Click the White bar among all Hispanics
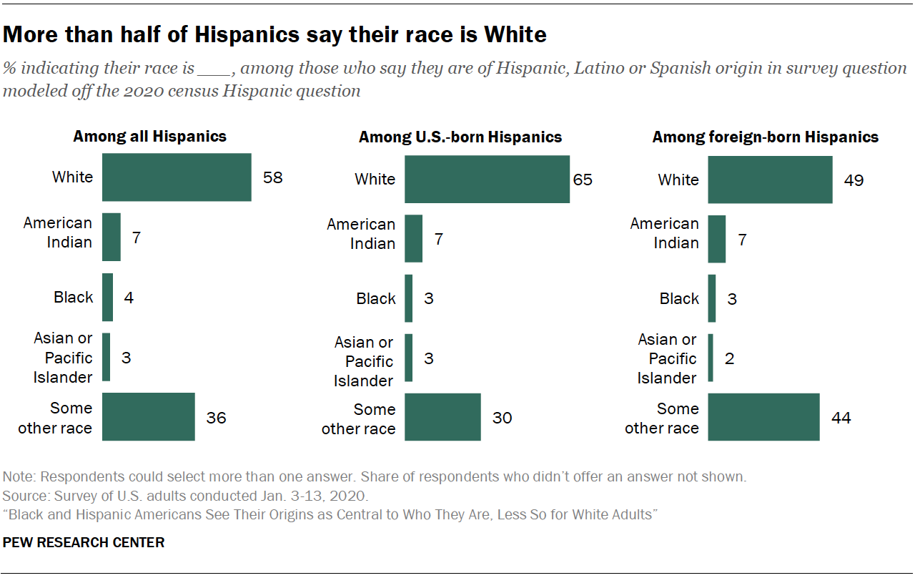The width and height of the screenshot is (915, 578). tap(177, 177)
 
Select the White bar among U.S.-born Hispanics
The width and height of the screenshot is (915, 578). tap(487, 179)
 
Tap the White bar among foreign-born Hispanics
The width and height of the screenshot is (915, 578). tap(770, 180)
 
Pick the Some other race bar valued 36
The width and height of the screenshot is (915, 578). tap(149, 417)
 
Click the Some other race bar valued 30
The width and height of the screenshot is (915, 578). tap(442, 418)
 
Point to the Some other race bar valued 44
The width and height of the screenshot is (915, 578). tap(763, 418)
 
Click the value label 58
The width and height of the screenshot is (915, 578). tap(272, 177)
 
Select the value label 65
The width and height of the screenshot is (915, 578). tap(583, 179)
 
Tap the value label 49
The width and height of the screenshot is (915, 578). tap(853, 180)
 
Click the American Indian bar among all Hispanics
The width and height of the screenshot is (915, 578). tap(112, 237)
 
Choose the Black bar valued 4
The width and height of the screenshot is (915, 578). tap(107, 297)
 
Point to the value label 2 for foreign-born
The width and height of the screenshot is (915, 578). tap(730, 358)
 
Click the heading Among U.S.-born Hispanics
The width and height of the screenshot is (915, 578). tap(460, 137)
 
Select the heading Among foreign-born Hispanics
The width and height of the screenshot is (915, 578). tap(766, 137)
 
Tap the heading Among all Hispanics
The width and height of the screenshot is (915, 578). tap(150, 136)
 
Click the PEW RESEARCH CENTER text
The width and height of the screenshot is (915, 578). tap(84, 542)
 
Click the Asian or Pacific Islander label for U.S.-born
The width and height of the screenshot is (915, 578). tap(363, 361)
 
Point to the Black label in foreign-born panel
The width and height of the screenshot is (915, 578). tap(678, 298)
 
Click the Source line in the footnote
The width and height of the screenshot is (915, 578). tap(186, 496)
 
